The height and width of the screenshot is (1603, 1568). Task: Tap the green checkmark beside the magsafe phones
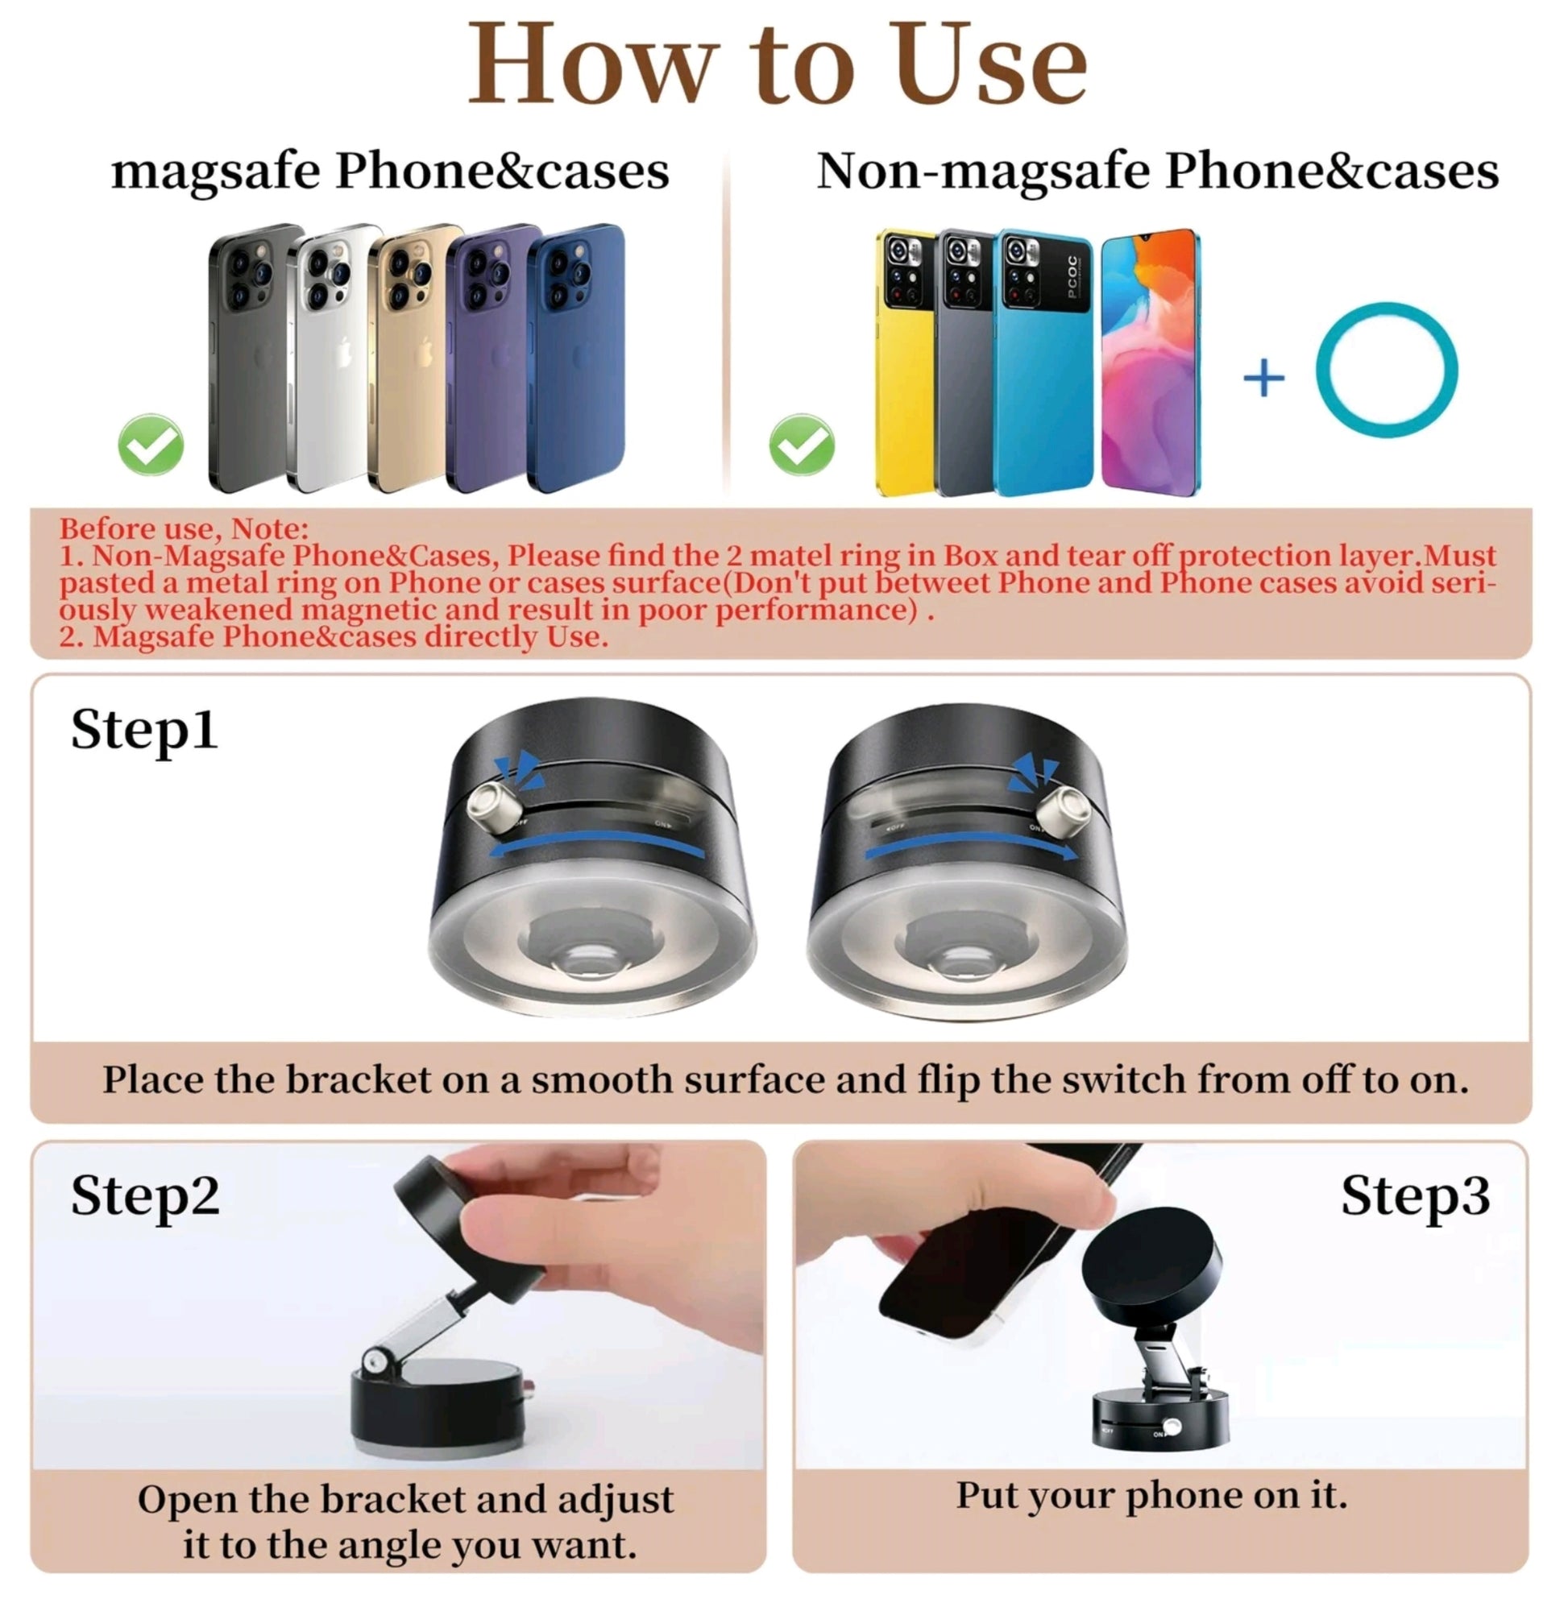pos(151,445)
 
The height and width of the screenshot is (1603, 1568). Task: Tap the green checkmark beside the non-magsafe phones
pos(801,445)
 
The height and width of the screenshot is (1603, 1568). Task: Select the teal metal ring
pos(1386,370)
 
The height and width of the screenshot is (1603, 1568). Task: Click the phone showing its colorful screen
pos(1151,362)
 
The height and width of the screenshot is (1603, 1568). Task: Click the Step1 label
pos(144,731)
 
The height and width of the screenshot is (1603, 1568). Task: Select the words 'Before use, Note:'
pos(184,528)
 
